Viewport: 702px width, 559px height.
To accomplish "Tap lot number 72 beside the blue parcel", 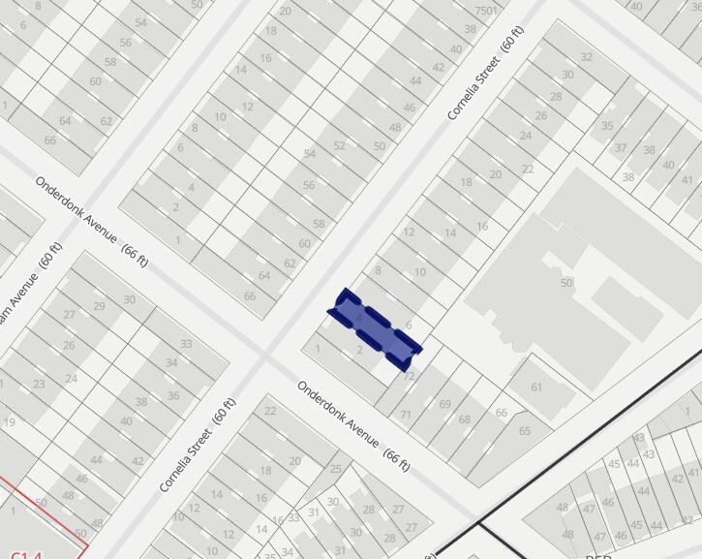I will [410, 376].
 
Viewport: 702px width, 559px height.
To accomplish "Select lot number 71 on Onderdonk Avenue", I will [406, 415].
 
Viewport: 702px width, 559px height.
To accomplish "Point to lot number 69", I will [445, 404].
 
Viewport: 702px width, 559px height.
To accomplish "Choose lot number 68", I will [465, 419].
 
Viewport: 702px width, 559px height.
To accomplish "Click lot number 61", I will [536, 388].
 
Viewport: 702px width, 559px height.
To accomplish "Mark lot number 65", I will [525, 431].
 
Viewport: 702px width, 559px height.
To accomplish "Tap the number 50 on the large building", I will [566, 282].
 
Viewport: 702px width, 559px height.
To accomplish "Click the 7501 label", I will [486, 11].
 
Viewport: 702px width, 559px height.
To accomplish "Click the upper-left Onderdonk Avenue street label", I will [93, 223].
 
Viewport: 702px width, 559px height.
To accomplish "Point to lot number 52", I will [340, 145].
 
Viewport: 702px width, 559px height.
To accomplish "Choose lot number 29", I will [99, 306].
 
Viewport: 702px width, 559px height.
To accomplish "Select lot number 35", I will [607, 126].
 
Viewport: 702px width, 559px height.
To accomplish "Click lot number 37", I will [621, 148].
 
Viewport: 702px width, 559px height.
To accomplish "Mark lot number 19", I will [9, 421].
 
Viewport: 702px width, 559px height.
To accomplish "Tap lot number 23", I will [39, 384].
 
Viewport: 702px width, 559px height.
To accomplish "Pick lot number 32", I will [585, 57].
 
